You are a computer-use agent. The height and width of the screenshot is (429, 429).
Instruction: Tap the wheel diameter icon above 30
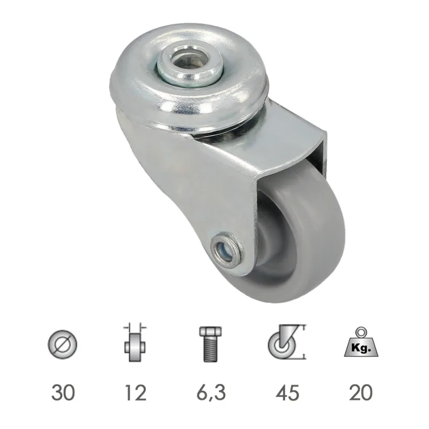tap(62, 344)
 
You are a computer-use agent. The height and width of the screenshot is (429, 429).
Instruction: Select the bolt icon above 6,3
tap(209, 343)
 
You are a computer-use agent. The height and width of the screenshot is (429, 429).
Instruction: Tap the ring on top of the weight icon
tap(361, 331)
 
